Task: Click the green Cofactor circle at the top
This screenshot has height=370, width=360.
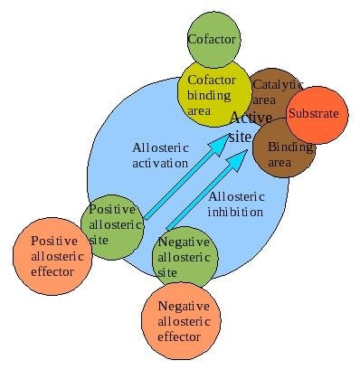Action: [x=212, y=40]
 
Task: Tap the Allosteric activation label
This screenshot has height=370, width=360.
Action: [x=165, y=156]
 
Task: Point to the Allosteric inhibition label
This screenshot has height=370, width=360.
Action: [x=236, y=204]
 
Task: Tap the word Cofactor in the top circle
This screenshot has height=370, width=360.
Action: [x=212, y=40]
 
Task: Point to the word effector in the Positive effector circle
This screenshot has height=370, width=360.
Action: [x=55, y=271]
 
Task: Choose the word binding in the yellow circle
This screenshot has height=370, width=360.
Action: [x=210, y=95]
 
